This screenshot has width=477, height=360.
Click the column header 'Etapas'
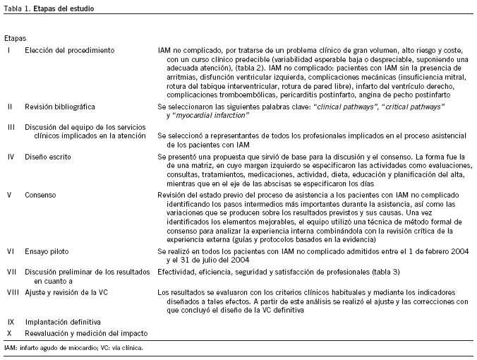16,36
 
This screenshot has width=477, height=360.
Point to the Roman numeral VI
10,250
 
